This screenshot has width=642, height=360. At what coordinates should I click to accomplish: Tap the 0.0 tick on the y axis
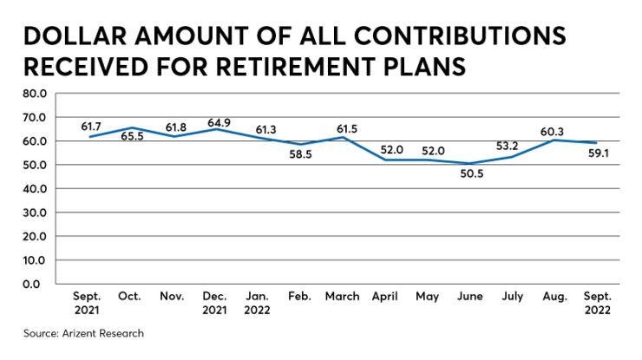[x=40, y=284]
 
